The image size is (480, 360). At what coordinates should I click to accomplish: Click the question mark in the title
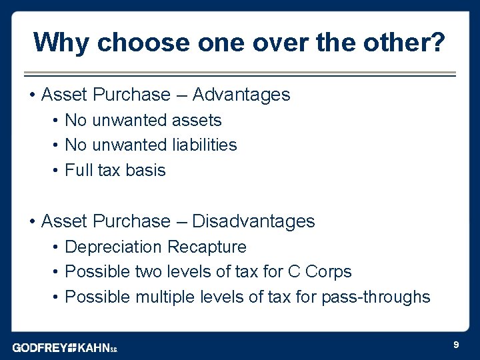[438, 43]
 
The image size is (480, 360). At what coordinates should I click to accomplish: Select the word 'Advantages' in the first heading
[241, 95]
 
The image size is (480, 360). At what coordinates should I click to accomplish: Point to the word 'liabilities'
[204, 145]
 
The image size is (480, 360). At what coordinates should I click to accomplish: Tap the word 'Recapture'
[207, 247]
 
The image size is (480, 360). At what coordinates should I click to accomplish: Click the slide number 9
[455, 345]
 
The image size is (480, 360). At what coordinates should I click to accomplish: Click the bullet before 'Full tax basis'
[56, 170]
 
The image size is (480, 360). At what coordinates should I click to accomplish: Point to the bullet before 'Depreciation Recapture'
[56, 247]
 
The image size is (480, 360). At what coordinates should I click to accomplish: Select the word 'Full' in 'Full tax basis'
[79, 170]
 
